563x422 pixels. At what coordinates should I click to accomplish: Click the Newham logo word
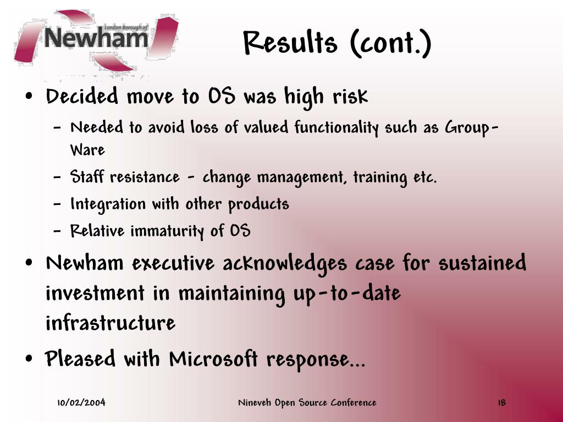(96, 38)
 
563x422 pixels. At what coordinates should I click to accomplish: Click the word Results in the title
(290, 42)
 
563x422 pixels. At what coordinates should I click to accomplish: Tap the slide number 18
(501, 403)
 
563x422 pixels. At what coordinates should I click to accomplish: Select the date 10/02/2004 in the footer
(81, 402)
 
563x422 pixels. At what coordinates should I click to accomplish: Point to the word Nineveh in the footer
(255, 402)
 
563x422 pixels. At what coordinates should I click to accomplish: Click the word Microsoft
(213, 358)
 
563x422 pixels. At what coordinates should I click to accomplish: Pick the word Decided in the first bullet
(82, 96)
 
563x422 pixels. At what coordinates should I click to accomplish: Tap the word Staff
(87, 176)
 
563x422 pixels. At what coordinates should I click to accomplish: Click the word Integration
(108, 204)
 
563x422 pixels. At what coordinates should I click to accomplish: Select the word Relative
(97, 230)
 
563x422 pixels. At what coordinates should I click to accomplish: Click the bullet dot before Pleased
(30, 358)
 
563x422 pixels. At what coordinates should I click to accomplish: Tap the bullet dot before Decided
(30, 96)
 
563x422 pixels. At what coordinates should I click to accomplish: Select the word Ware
(87, 150)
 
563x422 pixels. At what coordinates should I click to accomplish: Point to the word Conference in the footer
(354, 402)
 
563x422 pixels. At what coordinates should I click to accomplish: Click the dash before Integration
(57, 204)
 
